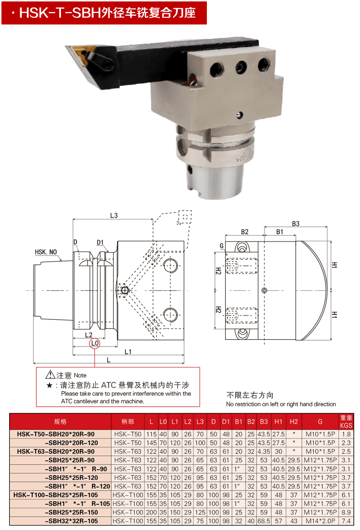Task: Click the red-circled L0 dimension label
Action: [x=95, y=343]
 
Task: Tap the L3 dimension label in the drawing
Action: [x=114, y=215]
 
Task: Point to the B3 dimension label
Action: [x=295, y=223]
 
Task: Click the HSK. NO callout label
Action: [x=46, y=252]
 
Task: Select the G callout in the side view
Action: [x=222, y=246]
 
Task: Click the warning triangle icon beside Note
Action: [x=50, y=374]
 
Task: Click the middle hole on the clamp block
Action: [x=241, y=67]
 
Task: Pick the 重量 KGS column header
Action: [x=346, y=422]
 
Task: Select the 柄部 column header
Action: [x=128, y=422]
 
